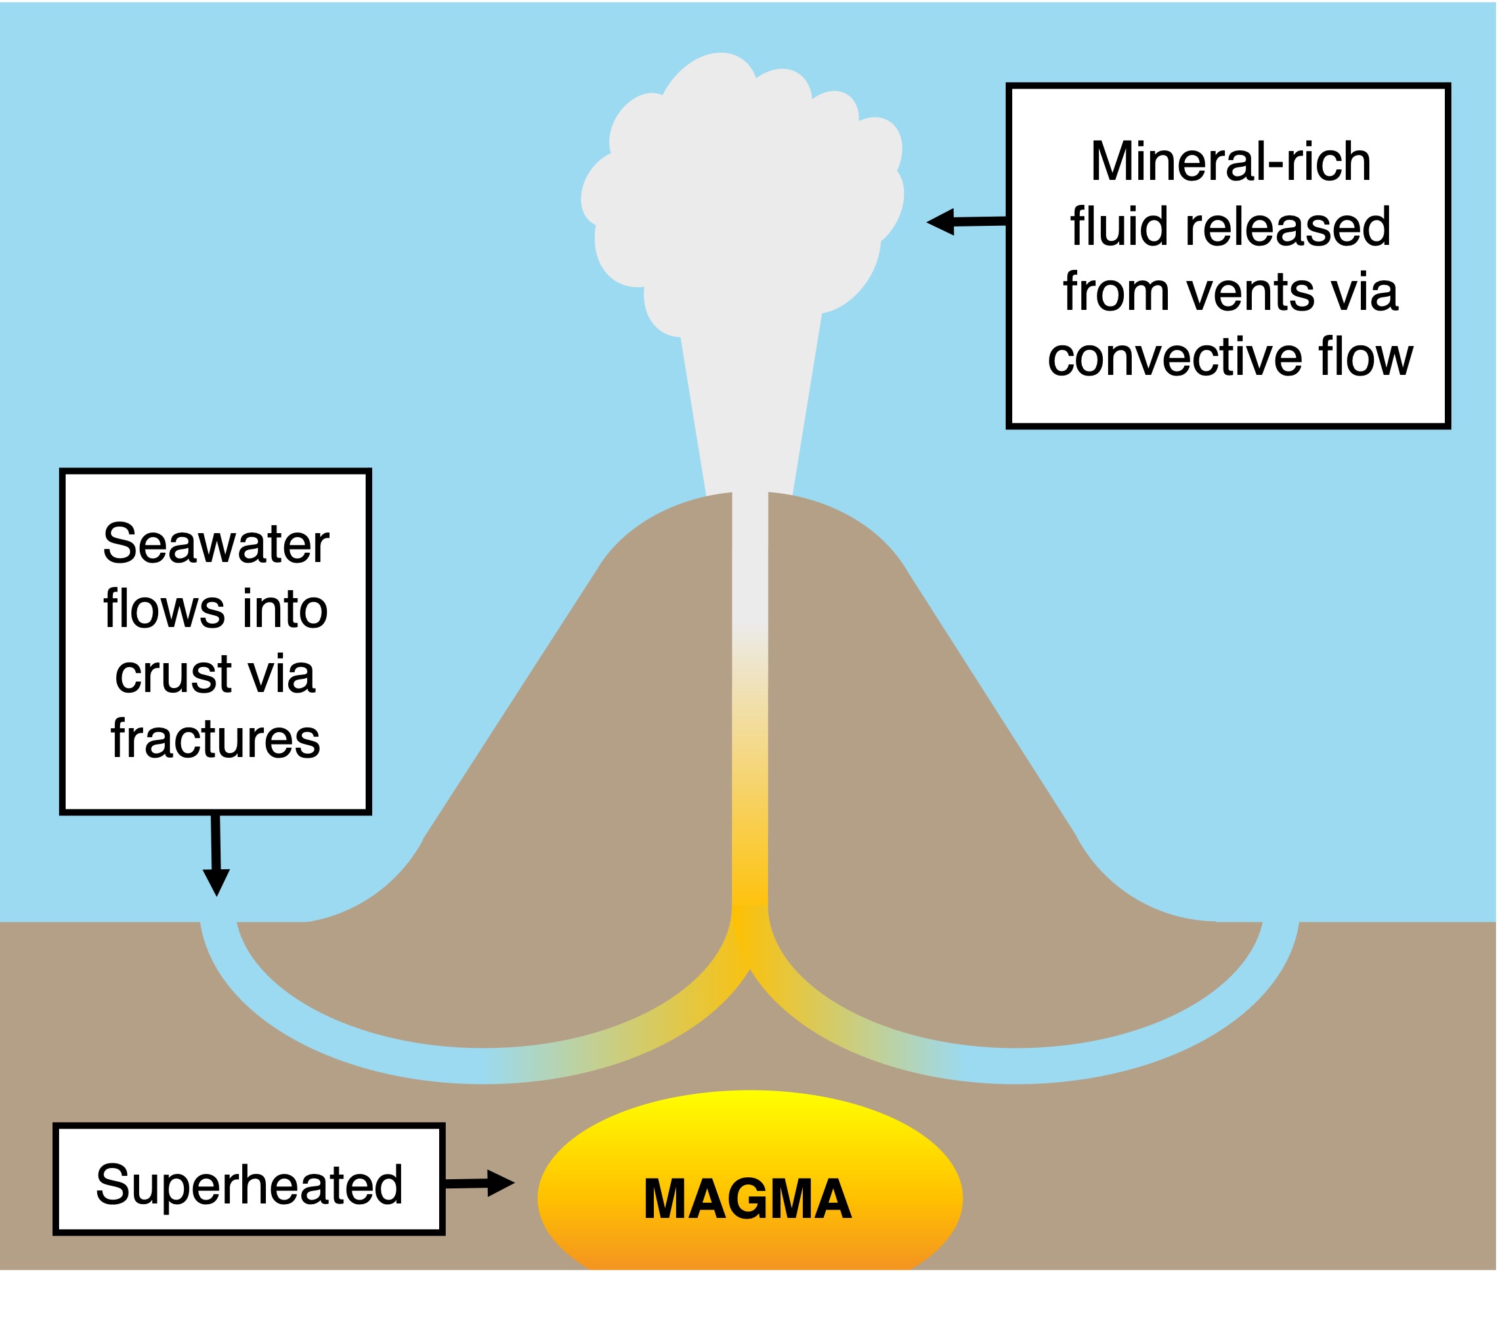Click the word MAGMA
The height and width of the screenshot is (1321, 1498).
pos(748,1200)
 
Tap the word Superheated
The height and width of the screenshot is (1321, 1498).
pos(249,1185)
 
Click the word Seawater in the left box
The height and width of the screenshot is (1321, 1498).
pos(215,544)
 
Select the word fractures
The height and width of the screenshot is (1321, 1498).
pos(215,739)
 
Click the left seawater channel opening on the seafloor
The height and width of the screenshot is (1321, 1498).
pos(219,924)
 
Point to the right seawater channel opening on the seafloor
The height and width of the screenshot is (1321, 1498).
pos(1280,924)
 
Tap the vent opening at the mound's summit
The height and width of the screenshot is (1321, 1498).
pos(750,496)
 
